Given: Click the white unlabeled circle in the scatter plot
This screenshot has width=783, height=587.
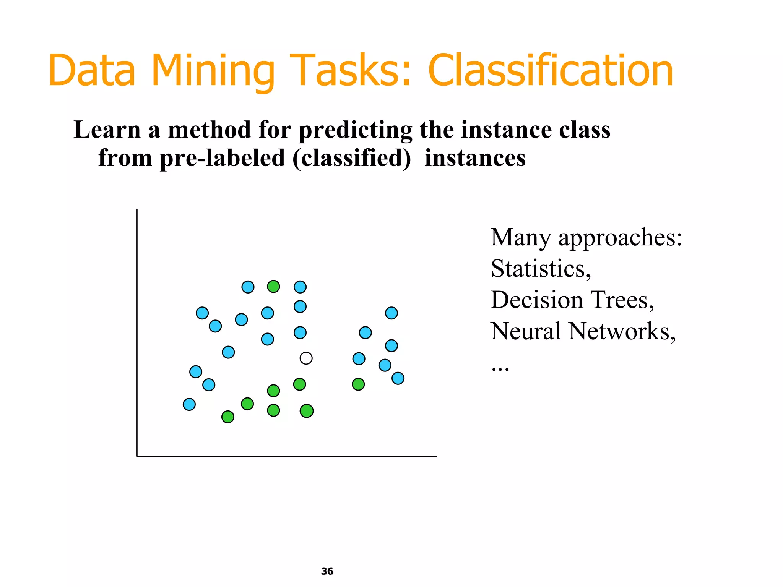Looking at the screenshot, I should pos(306,358).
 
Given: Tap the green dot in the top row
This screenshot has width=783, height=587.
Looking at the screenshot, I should pos(273,286).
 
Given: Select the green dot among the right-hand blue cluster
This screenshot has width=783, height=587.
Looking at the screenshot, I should pos(358,384).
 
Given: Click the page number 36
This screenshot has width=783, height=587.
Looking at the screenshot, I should pos(327,571).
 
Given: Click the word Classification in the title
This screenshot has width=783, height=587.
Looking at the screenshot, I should pos(550,71).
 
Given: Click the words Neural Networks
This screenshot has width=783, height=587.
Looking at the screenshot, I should pos(583,331).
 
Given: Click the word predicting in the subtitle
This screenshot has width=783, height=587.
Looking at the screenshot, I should pos(355,130).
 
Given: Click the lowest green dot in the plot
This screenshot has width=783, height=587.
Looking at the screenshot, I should pos(228,417).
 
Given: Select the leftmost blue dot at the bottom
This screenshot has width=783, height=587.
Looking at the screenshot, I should pos(189,404).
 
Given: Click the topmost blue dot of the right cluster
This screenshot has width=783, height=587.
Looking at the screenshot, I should pos(391,313).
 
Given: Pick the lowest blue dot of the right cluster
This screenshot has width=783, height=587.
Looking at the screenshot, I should pos(398,378).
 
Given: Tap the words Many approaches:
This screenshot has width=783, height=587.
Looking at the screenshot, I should pos(586,238).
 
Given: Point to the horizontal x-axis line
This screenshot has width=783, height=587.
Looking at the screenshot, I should pos(287,456).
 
